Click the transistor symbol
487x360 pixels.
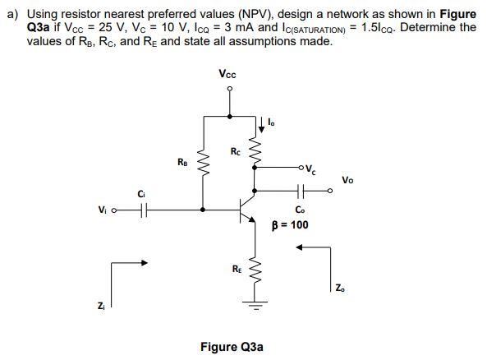247,211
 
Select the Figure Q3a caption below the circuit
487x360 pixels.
232,347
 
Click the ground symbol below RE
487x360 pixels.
254,305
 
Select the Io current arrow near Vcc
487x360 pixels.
262,123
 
